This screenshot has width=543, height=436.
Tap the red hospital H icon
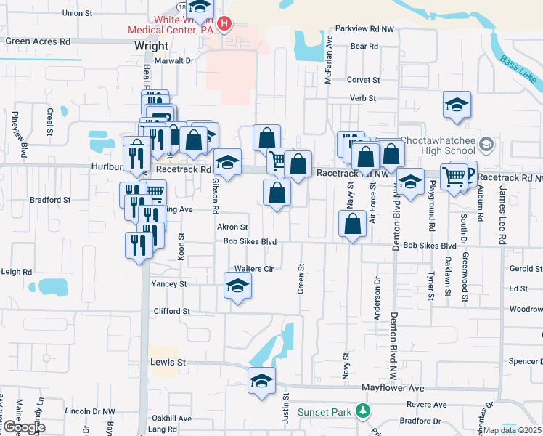coord(224,24)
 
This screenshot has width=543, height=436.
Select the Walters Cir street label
coord(253,269)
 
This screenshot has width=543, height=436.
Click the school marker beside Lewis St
coord(261,380)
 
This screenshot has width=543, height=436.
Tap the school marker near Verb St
coord(457,105)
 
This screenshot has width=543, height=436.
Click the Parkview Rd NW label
coord(364,29)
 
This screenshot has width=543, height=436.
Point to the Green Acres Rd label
coord(38,41)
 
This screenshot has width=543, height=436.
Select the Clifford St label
coord(171,311)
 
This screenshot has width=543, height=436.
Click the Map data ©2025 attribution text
coord(512,430)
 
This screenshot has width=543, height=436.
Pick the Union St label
coord(78,13)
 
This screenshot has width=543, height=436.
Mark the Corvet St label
coord(364,80)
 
